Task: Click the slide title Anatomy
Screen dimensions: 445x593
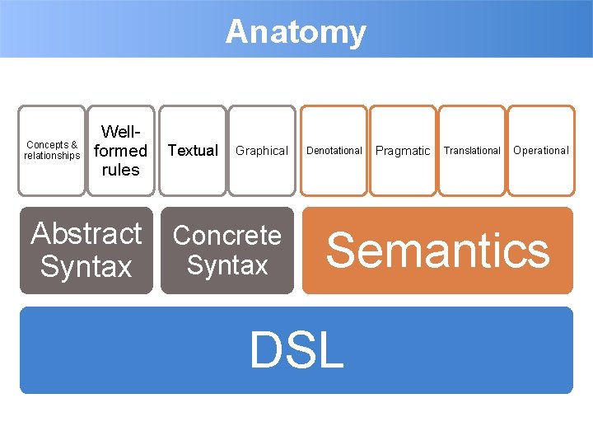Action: click(x=296, y=32)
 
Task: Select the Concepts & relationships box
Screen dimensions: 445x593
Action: click(x=52, y=151)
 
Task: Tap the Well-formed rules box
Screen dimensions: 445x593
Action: click(x=120, y=151)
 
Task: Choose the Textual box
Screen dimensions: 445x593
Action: click(x=193, y=151)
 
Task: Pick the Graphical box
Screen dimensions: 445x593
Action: click(x=261, y=151)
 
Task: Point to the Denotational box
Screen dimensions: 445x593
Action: click(x=334, y=151)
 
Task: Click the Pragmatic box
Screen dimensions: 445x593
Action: click(x=403, y=151)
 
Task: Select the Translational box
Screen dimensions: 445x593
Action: click(x=472, y=151)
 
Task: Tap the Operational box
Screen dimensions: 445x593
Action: click(x=541, y=151)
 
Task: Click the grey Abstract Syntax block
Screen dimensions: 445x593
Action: click(x=86, y=250)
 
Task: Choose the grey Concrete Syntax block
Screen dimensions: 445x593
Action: click(x=227, y=250)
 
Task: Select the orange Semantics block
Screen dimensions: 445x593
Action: click(x=437, y=250)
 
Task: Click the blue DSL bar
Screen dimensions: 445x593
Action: click(x=296, y=350)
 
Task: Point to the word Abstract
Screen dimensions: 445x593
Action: click(x=86, y=234)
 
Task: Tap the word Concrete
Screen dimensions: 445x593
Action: click(x=227, y=236)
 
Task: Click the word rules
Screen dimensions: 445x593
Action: click(x=120, y=170)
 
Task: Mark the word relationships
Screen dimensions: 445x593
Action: click(x=52, y=156)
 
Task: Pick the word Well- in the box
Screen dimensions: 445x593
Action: click(x=120, y=132)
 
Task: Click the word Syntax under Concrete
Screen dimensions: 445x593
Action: click(x=227, y=265)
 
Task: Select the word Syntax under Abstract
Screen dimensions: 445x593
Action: click(x=86, y=267)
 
